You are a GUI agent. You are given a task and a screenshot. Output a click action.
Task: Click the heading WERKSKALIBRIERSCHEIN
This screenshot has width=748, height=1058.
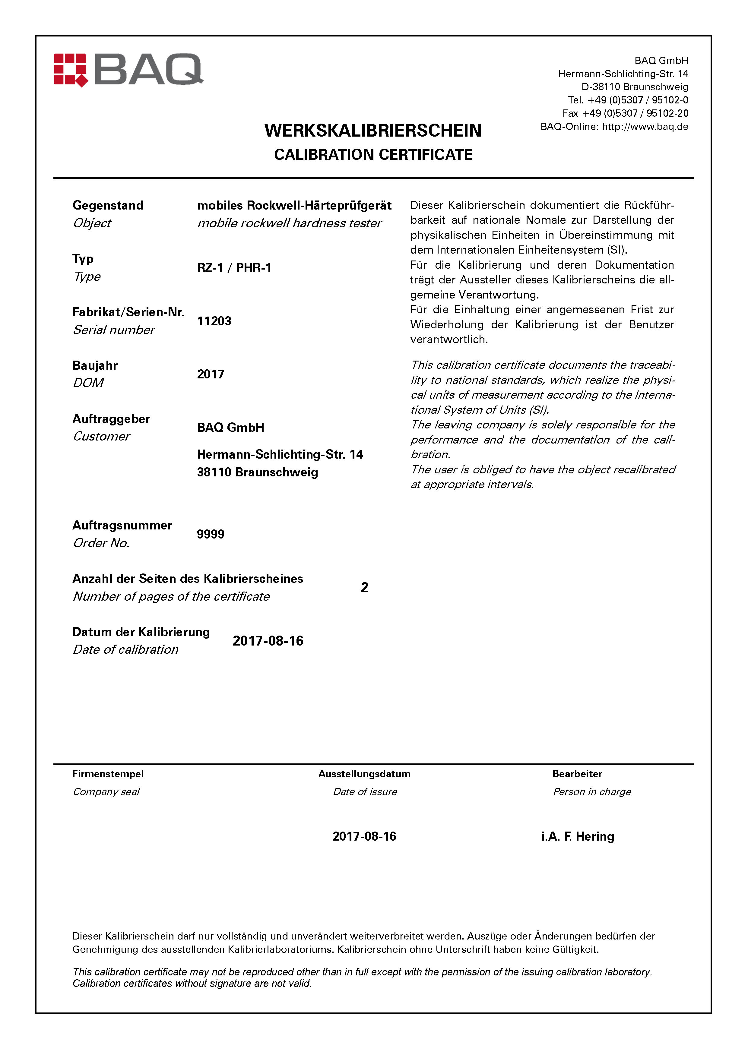coord(373,131)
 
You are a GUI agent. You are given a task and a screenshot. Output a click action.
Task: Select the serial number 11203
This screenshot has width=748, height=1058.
coord(214,321)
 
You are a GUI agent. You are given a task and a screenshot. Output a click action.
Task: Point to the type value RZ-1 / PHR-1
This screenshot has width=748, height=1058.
coord(234,268)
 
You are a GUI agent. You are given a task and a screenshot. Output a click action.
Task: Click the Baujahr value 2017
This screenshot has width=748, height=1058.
coord(211,374)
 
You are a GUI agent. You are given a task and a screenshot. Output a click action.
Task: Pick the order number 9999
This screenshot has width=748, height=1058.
coord(211,534)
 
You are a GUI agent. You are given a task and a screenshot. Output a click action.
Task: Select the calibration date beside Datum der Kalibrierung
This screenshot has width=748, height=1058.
coord(268,641)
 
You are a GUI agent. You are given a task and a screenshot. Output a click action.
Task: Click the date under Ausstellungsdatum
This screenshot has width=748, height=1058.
coord(364,836)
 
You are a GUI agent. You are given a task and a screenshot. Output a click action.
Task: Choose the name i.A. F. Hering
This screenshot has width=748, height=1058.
coord(578,836)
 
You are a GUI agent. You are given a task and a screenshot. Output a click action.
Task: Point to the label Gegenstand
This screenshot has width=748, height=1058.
coord(108,206)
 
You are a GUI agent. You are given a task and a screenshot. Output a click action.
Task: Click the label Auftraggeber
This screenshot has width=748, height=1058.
coord(111,419)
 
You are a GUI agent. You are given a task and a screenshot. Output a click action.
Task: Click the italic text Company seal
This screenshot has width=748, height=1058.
coord(106,792)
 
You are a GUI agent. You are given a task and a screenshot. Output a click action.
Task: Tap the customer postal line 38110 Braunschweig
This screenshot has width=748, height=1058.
coord(257,472)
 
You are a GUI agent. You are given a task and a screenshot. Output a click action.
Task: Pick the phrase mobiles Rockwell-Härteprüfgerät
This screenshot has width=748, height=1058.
coord(294,206)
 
